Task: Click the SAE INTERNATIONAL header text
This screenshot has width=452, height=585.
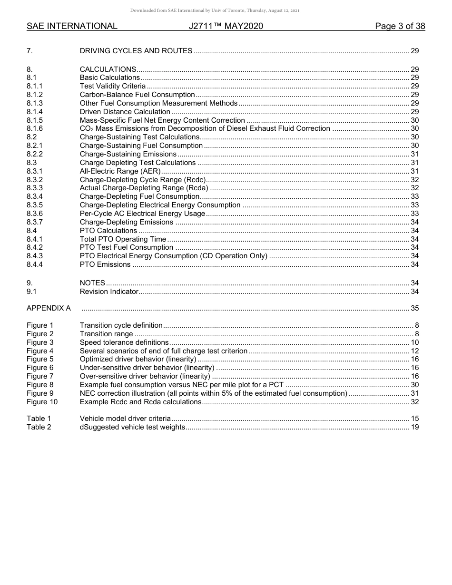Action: (x=72, y=26)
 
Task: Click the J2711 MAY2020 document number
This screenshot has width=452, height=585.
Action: (x=226, y=26)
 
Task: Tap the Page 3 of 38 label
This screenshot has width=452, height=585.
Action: (x=400, y=26)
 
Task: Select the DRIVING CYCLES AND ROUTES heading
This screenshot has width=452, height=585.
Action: (x=136, y=51)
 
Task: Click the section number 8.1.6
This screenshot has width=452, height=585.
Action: (x=35, y=128)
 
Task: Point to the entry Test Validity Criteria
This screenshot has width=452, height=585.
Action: (x=113, y=86)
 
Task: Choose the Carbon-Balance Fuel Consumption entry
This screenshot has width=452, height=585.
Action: (x=137, y=95)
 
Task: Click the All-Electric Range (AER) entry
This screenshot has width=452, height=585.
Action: (x=120, y=171)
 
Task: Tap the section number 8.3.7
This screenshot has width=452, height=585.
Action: (x=35, y=222)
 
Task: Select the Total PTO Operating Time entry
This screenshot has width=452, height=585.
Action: (x=123, y=239)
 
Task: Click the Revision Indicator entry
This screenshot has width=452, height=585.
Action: (x=109, y=292)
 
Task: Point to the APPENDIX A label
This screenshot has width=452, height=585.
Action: (x=49, y=308)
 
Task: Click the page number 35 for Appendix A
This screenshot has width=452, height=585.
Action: (x=414, y=308)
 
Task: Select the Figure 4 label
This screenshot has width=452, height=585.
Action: (x=40, y=351)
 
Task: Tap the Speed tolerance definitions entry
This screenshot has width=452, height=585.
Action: (x=124, y=342)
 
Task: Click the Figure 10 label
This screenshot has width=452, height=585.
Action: (x=42, y=402)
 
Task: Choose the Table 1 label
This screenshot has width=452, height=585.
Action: (x=39, y=419)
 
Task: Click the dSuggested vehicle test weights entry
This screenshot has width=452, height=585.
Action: (x=132, y=427)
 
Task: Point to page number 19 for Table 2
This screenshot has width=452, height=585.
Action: (x=414, y=427)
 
